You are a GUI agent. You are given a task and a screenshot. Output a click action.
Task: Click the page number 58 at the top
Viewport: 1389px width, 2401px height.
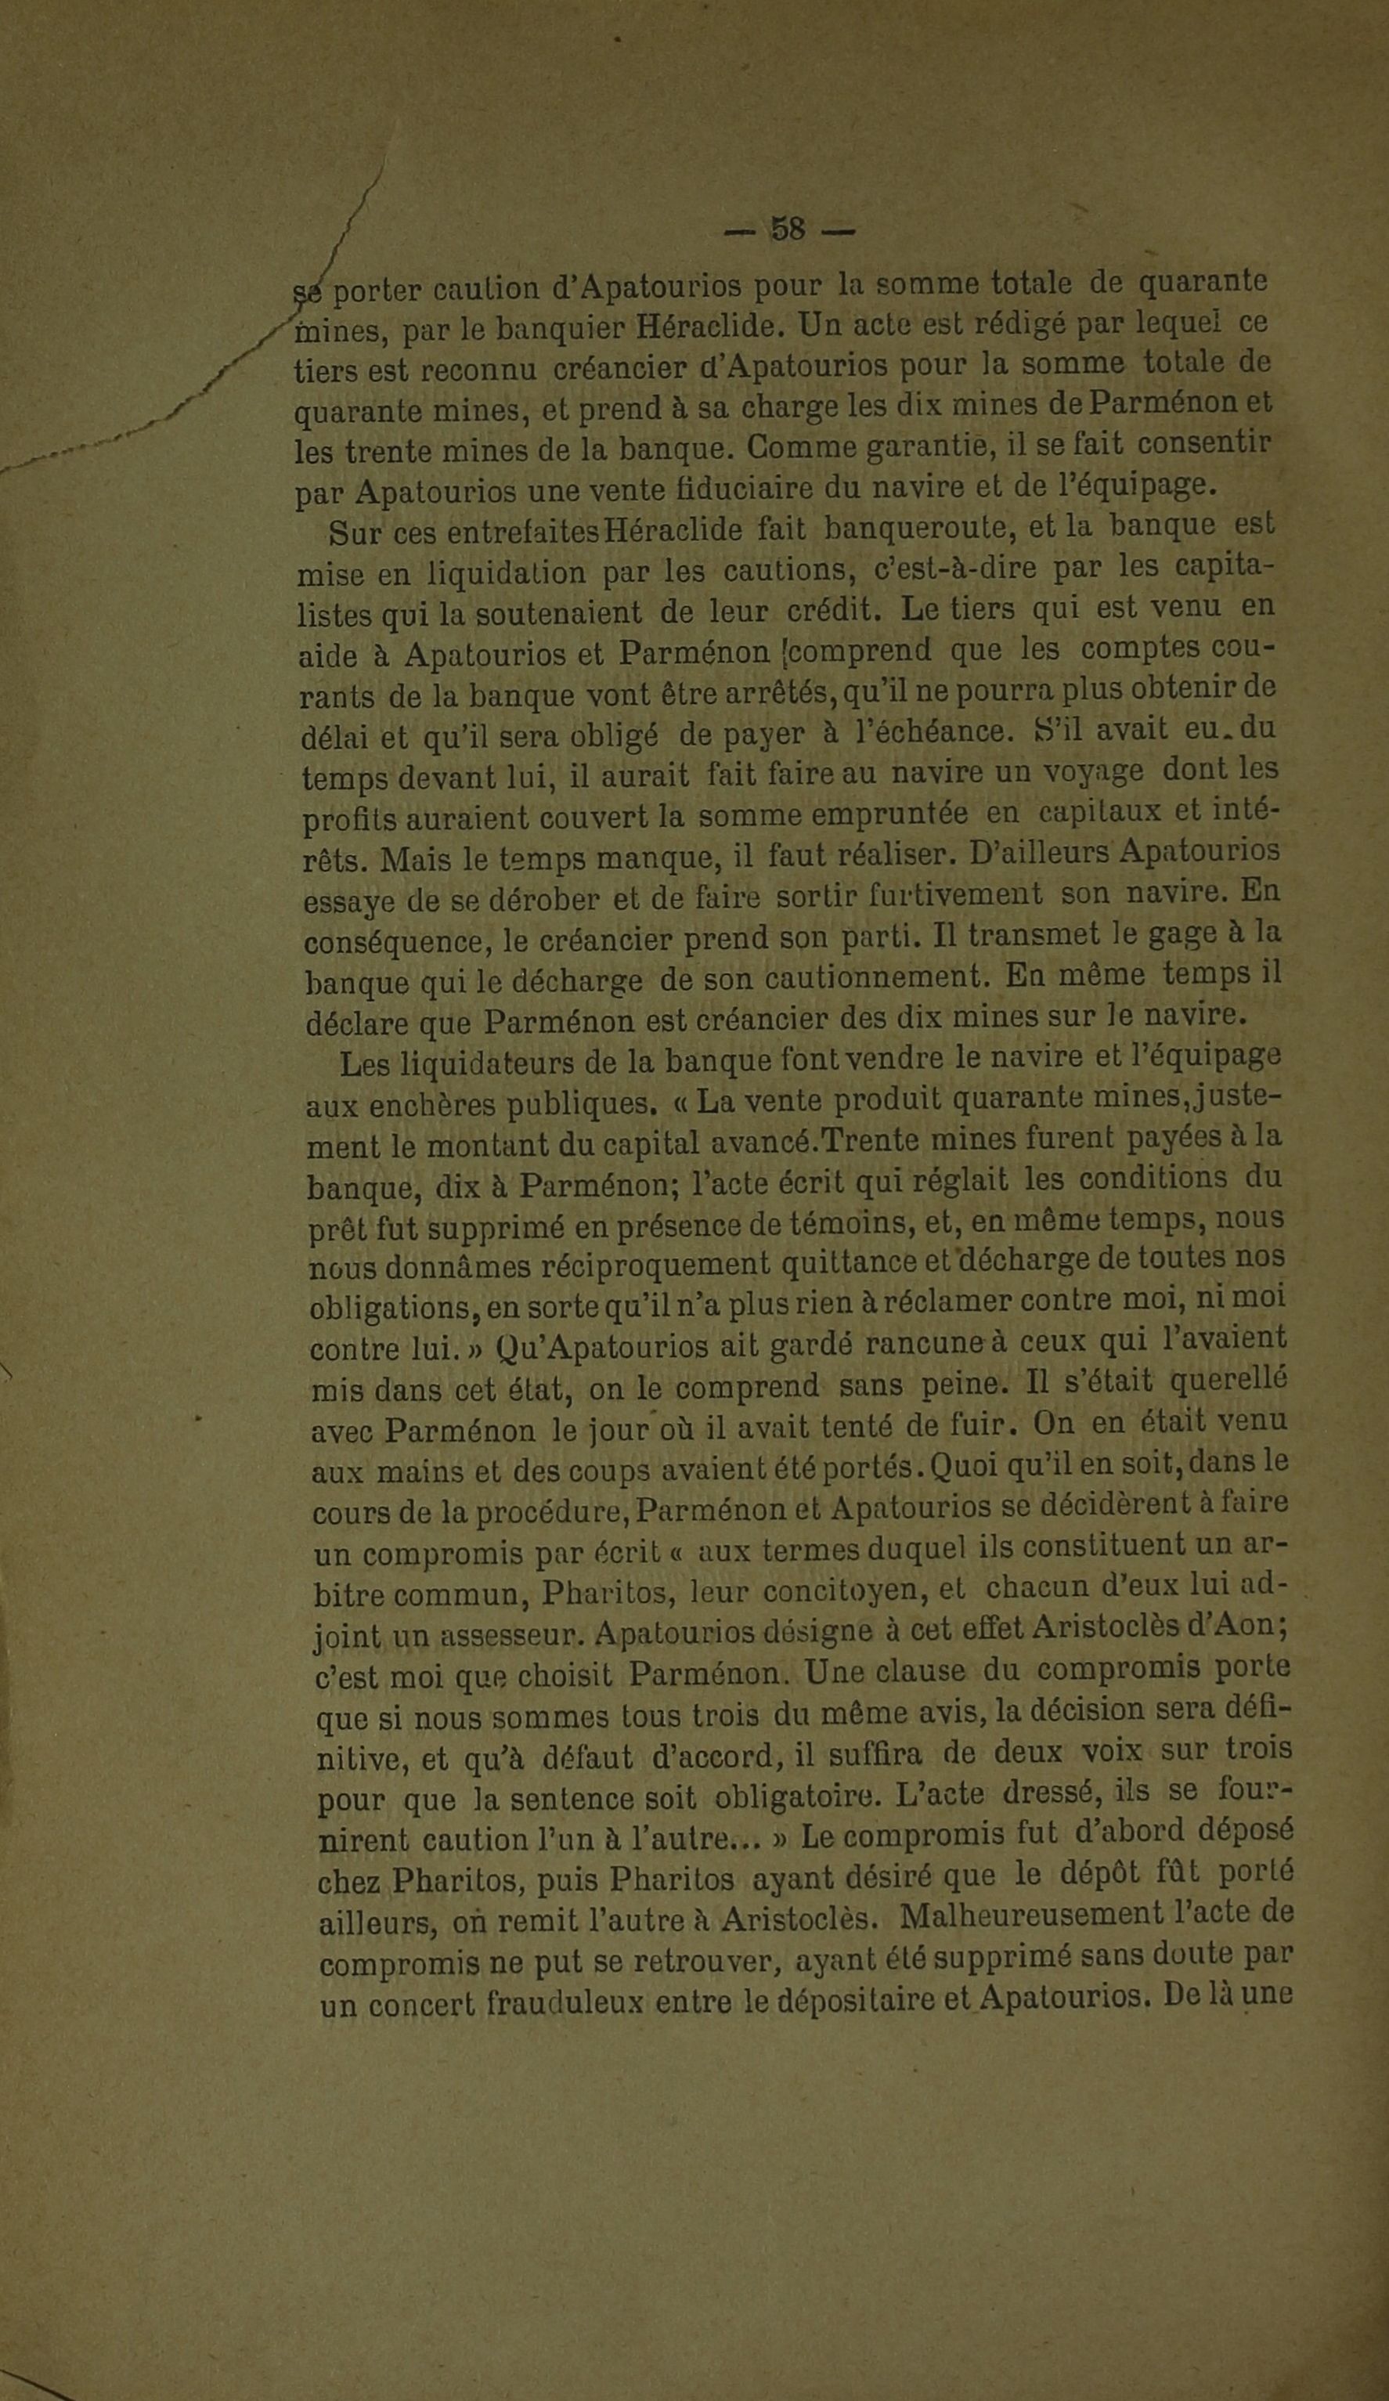coord(788,229)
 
